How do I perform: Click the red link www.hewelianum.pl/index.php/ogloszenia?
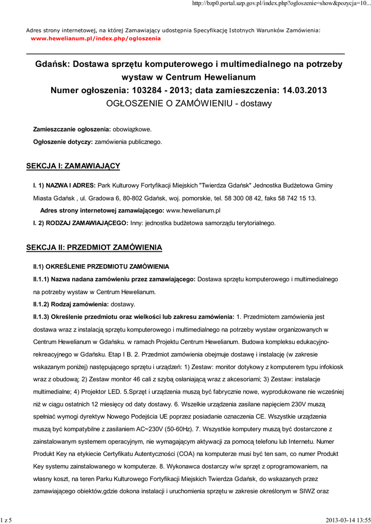point(96,38)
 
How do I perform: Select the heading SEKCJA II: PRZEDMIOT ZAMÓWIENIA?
point(94,248)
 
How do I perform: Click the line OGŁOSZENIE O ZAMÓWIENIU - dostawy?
point(189,103)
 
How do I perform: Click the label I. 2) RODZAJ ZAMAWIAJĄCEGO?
point(80,223)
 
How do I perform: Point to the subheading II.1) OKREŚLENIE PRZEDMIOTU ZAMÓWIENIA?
point(101,267)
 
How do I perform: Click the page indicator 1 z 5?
point(6,520)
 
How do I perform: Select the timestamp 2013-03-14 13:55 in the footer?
point(347,520)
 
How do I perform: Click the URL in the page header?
point(280,4)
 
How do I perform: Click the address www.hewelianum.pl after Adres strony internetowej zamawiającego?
point(194,210)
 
